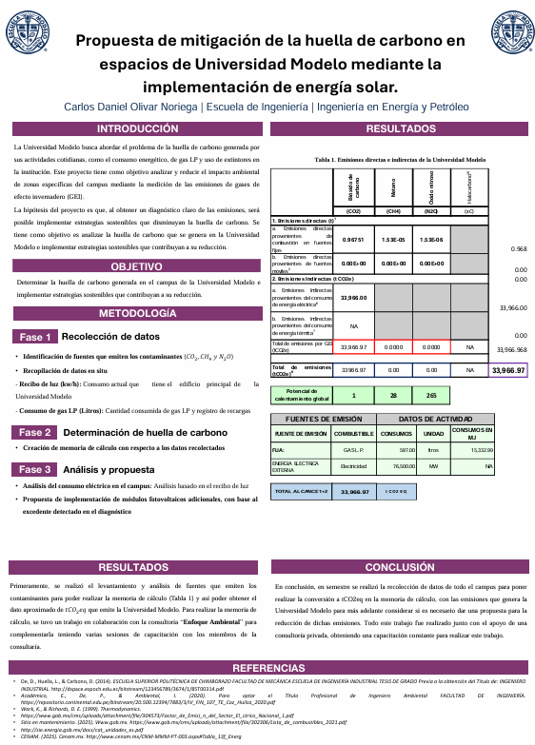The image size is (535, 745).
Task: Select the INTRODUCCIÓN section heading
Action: point(138,128)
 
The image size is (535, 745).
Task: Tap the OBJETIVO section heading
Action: point(138,266)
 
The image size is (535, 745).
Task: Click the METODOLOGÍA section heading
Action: point(138,313)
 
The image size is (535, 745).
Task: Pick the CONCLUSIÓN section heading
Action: point(400,565)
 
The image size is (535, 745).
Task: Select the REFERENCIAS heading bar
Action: point(267,667)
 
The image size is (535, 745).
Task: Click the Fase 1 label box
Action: point(36,337)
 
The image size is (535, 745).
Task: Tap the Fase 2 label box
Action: point(36,433)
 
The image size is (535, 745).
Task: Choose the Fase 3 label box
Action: point(36,469)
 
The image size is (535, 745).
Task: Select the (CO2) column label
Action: point(352,210)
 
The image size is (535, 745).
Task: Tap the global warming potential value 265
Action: point(430,395)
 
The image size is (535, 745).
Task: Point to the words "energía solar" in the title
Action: point(347,87)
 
